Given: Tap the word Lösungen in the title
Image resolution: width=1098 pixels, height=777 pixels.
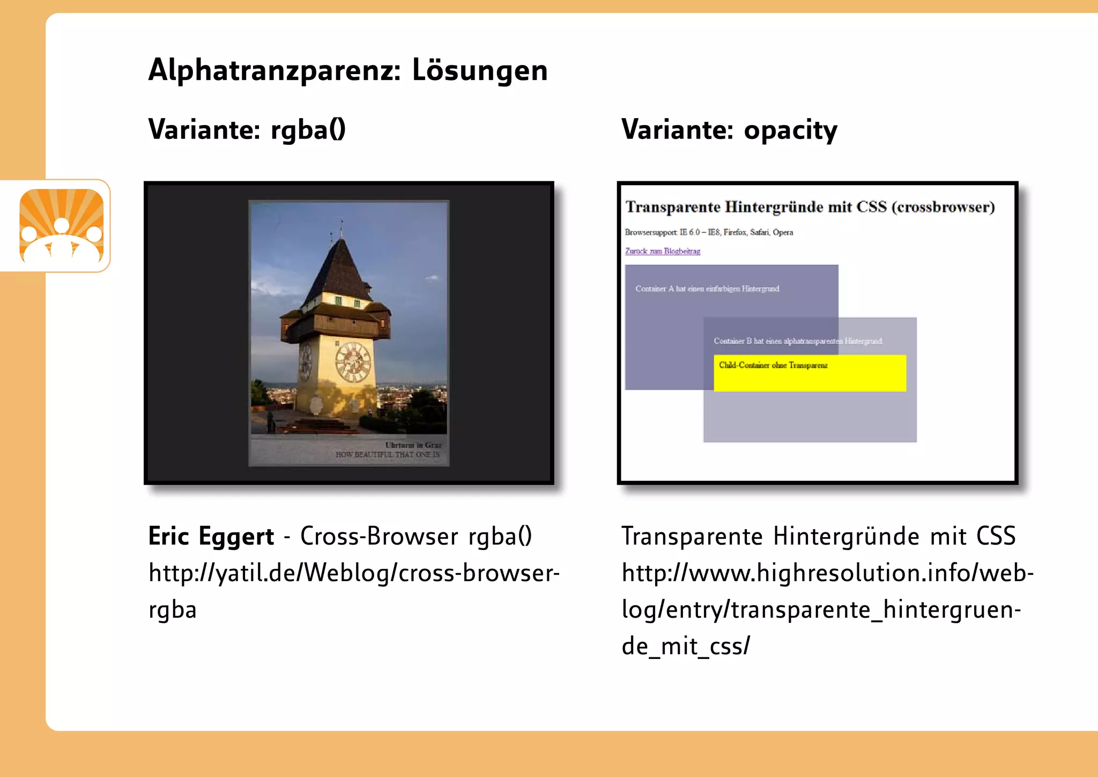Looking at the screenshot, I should tap(479, 70).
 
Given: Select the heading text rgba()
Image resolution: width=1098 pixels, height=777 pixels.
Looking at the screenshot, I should tap(308, 130).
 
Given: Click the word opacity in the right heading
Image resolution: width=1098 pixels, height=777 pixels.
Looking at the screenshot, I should tap(790, 130).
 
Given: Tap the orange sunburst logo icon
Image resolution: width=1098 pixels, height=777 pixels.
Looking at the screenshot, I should tap(62, 226).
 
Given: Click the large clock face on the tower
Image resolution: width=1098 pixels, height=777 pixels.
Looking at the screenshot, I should tap(353, 362).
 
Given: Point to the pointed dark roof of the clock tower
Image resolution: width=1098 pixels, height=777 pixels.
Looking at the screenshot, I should tap(338, 268).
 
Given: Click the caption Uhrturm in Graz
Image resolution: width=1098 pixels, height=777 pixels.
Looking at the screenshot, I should tap(413, 445).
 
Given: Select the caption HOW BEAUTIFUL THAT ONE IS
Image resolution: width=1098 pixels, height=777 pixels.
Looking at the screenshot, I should tap(387, 455).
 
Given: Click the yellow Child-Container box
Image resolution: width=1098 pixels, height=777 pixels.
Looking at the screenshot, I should tap(810, 373).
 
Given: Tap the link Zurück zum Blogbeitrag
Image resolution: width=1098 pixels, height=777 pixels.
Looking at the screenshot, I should tap(662, 251).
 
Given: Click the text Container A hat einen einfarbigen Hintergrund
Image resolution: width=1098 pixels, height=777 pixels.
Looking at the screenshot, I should tap(707, 289).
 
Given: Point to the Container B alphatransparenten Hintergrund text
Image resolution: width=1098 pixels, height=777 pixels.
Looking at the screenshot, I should tap(797, 341).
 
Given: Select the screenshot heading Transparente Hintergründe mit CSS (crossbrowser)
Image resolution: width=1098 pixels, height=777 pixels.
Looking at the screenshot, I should tap(810, 207).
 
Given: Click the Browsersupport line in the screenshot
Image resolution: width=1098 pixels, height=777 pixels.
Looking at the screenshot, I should tap(708, 232).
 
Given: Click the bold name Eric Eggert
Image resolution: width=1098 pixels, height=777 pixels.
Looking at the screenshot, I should tap(211, 536).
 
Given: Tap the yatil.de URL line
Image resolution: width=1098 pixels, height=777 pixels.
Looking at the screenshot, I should tap(354, 573).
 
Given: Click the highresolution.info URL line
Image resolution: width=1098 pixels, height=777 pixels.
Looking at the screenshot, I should tap(827, 573).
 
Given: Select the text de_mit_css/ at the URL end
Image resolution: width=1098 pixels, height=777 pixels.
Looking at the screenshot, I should tap(685, 646).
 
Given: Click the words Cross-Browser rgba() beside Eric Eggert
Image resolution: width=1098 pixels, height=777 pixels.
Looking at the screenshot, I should tap(416, 536).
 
